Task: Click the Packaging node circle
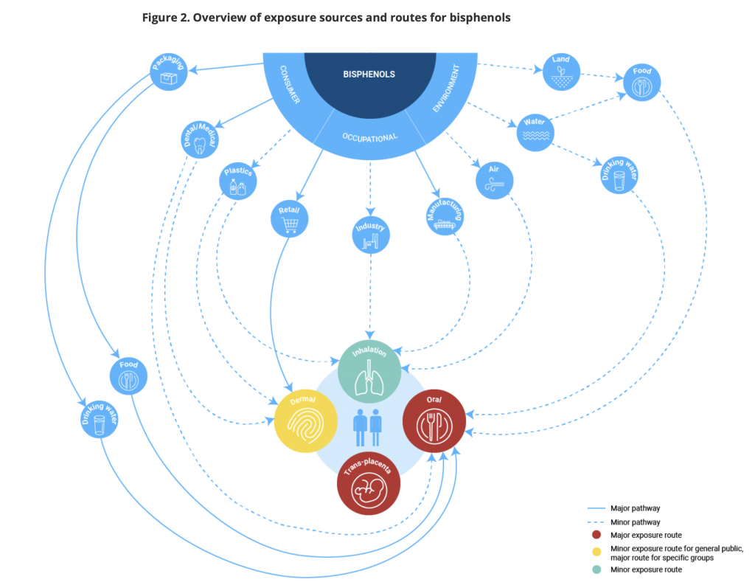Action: tap(167, 72)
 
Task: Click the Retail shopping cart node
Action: tap(290, 218)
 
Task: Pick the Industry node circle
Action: tap(370, 235)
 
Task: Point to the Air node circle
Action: tap(495, 179)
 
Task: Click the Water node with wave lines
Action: tap(535, 132)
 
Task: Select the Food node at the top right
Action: tap(642, 83)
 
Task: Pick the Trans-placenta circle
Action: tap(369, 483)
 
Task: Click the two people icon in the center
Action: tap(366, 427)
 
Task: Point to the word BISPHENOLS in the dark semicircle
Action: tap(369, 74)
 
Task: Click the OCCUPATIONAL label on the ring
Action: tap(370, 137)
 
